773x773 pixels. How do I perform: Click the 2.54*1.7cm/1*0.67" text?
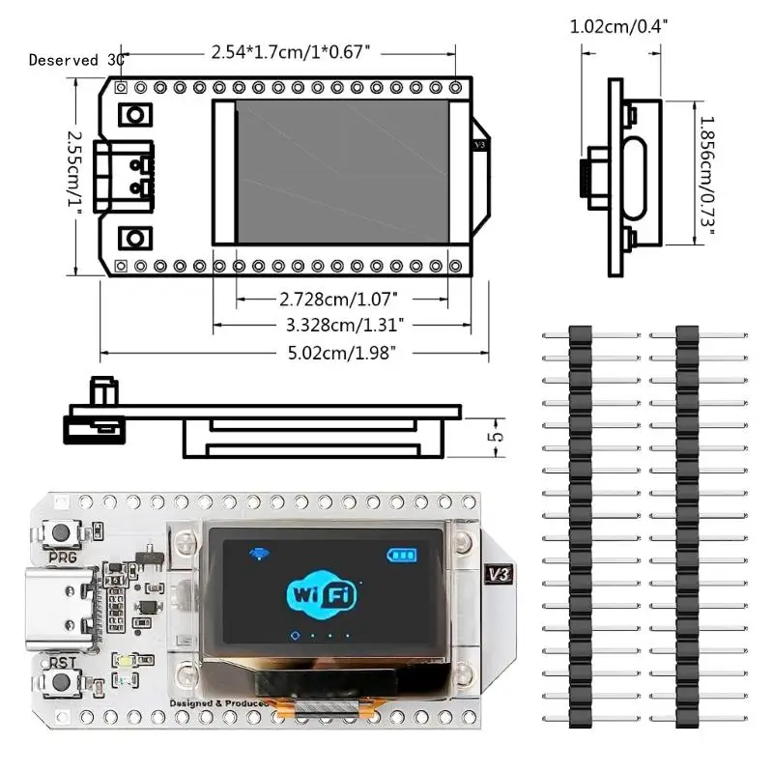pyautogui.click(x=290, y=53)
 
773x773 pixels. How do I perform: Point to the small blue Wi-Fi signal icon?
pyautogui.click(x=260, y=554)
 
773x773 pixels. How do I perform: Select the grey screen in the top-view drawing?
pyautogui.click(x=341, y=171)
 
